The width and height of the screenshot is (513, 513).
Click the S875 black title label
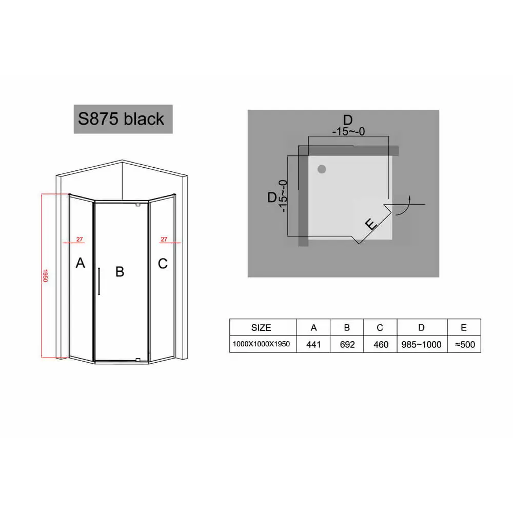123,119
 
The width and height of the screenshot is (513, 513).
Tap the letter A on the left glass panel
80,263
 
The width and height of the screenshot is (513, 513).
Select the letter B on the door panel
120,271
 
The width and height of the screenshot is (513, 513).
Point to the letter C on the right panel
163,264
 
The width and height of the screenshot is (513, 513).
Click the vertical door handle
99,281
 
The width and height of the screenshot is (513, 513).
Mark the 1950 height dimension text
45,276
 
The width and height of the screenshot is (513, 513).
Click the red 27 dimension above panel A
80,240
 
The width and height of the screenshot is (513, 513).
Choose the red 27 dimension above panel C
164,240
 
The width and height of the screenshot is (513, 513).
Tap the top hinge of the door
137,205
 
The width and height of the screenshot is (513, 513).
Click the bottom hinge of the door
137,360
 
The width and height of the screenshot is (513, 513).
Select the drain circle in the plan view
322,169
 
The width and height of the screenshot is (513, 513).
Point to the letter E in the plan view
371,225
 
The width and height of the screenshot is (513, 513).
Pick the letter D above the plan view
348,120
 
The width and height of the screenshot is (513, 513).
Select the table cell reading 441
313,344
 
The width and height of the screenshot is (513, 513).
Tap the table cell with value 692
347,344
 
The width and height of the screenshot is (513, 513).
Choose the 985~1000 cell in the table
422,344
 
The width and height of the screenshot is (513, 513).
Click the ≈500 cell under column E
464,344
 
